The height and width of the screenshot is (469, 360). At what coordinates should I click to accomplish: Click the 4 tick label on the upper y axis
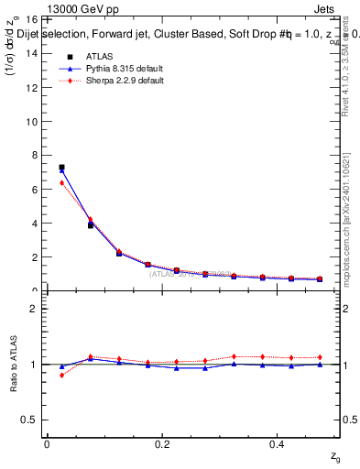tap(32, 223)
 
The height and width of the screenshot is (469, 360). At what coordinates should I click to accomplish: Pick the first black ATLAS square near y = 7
tap(61, 168)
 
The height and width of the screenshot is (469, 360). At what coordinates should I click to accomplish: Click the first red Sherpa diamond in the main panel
tap(61, 182)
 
